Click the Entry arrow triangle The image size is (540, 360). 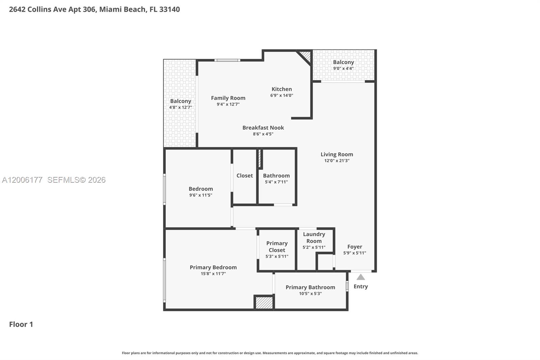pos(360,277)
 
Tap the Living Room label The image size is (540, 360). pos(336,154)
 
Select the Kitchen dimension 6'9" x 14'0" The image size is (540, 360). pos(281,96)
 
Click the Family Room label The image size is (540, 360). pos(228,98)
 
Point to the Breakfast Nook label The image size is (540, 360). pos(263,128)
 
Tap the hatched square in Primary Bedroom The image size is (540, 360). pos(264,303)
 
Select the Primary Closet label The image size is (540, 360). pos(277,247)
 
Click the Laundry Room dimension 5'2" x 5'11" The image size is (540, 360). pos(314,247)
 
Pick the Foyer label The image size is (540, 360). pos(354,247)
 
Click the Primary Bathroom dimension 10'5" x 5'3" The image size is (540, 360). pos(310,294)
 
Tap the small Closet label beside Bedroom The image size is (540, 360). pos(244,176)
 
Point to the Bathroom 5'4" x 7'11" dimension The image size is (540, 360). pos(276,182)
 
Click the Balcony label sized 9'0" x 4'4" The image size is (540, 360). pos(343,62)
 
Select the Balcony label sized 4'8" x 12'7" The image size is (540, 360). pos(180,101)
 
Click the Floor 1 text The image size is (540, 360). pos(21,324)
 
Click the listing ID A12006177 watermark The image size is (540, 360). pos(22,180)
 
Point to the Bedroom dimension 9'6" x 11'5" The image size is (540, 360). pos(200,195)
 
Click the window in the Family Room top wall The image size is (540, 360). pos(227,60)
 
